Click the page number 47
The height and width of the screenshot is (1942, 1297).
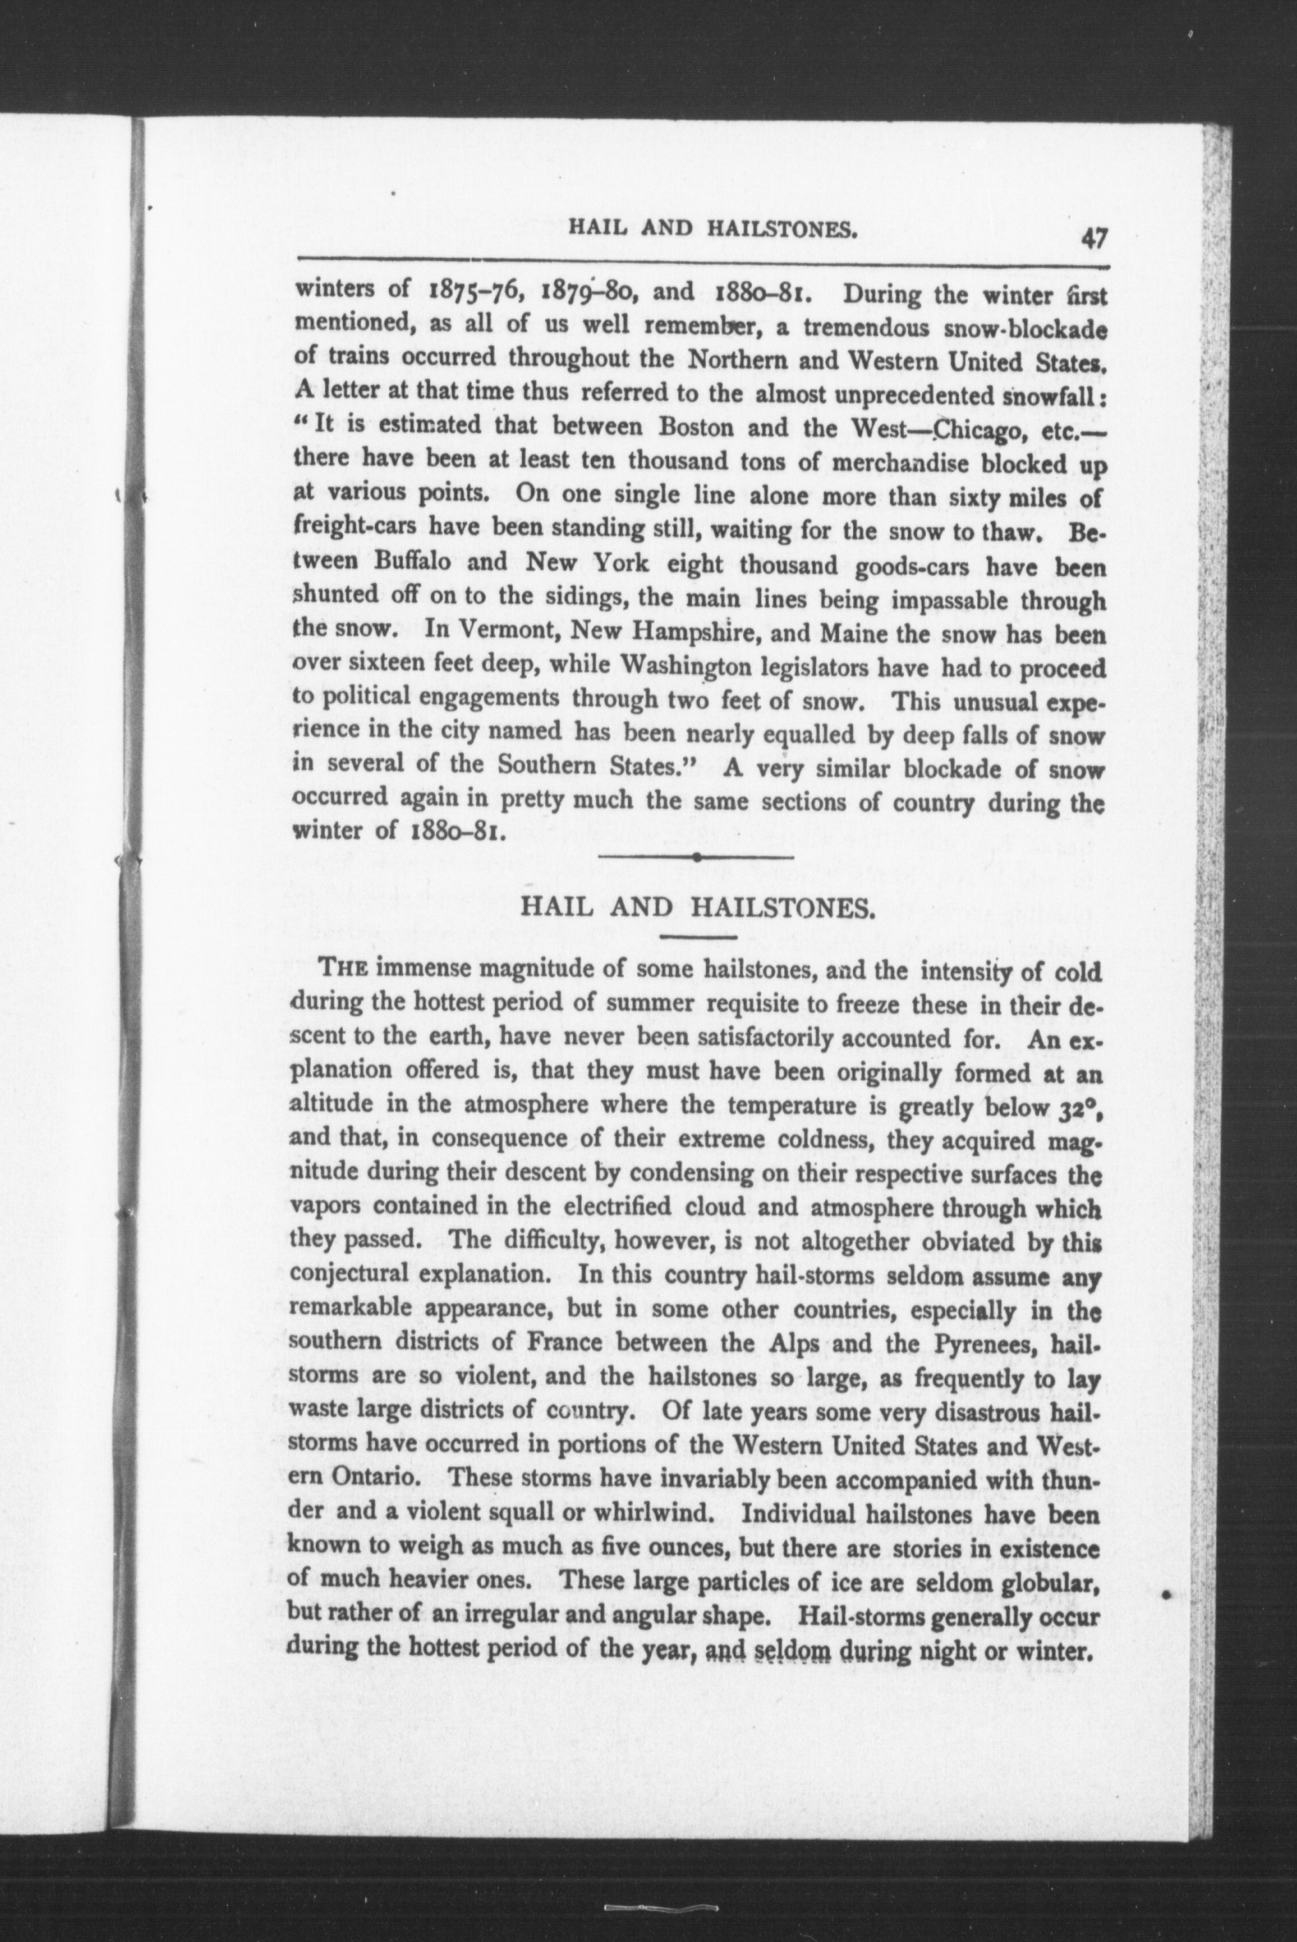(1092, 239)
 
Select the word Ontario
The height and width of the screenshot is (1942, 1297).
(374, 1478)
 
